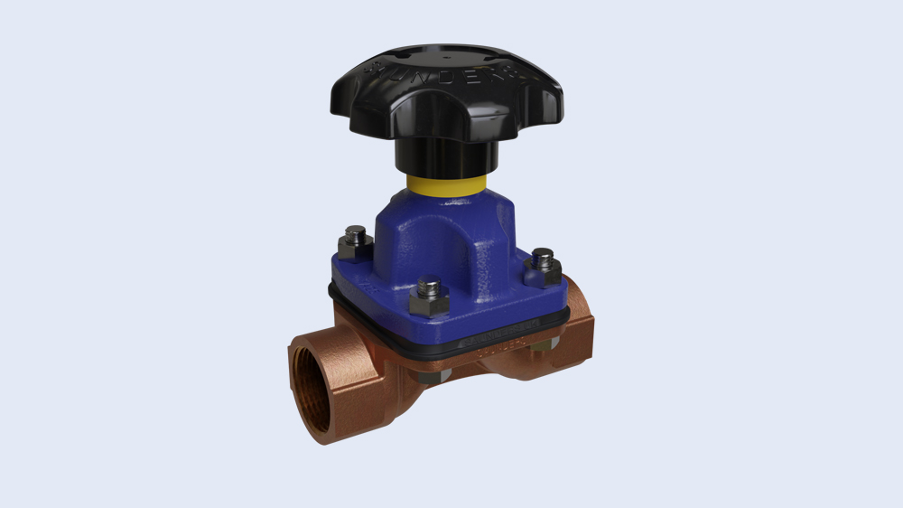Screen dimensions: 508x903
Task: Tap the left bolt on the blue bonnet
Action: click(354, 243)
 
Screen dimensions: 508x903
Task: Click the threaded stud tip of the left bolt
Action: click(353, 237)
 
